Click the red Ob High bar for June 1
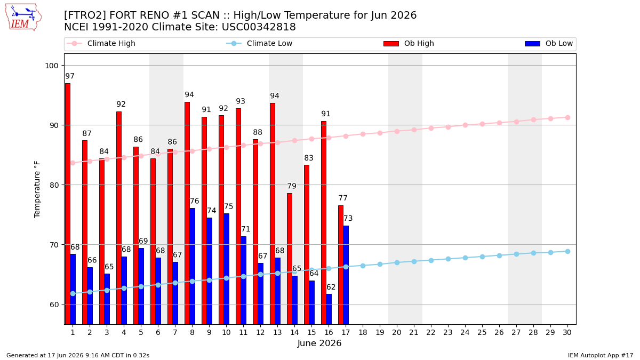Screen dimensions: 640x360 (68, 204)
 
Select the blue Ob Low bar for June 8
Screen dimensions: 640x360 (193, 266)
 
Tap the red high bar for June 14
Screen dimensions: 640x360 (290, 259)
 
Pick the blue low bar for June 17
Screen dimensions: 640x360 (346, 275)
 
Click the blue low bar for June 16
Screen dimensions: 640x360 (329, 309)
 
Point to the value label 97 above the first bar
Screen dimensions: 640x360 (70, 76)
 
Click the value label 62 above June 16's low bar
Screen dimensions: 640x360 (331, 287)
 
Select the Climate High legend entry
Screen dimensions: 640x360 (101, 43)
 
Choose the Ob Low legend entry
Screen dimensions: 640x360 (549, 43)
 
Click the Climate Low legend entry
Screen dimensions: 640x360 (259, 43)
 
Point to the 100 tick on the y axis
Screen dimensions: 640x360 (51, 66)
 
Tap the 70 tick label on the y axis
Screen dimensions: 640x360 (54, 245)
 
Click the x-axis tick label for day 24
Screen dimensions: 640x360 (465, 332)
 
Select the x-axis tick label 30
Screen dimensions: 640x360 (567, 332)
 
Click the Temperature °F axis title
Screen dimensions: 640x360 (37, 189)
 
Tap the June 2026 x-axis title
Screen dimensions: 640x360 (319, 343)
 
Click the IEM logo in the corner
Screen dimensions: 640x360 (23, 18)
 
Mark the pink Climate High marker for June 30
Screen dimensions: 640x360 (567, 118)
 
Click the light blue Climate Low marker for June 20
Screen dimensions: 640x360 (397, 262)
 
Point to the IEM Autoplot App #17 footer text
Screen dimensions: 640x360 (601, 355)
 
